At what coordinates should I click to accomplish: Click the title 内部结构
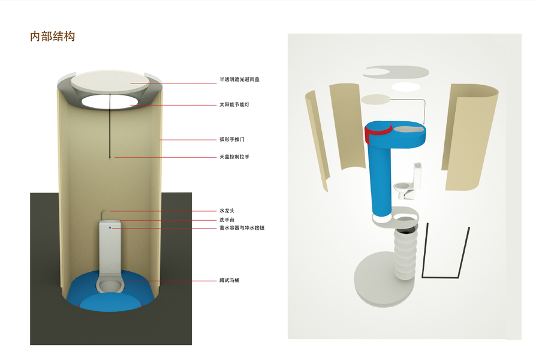(x=53, y=36)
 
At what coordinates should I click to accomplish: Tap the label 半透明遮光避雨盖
(x=239, y=79)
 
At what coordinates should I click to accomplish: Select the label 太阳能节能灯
(x=234, y=104)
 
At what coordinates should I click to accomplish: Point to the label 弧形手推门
(x=232, y=139)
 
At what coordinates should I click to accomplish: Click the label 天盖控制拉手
(x=234, y=157)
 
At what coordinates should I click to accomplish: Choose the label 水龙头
(x=228, y=211)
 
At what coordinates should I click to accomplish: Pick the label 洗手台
(x=228, y=220)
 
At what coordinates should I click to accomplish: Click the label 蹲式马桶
(x=230, y=280)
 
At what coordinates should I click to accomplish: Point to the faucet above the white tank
(x=104, y=212)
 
